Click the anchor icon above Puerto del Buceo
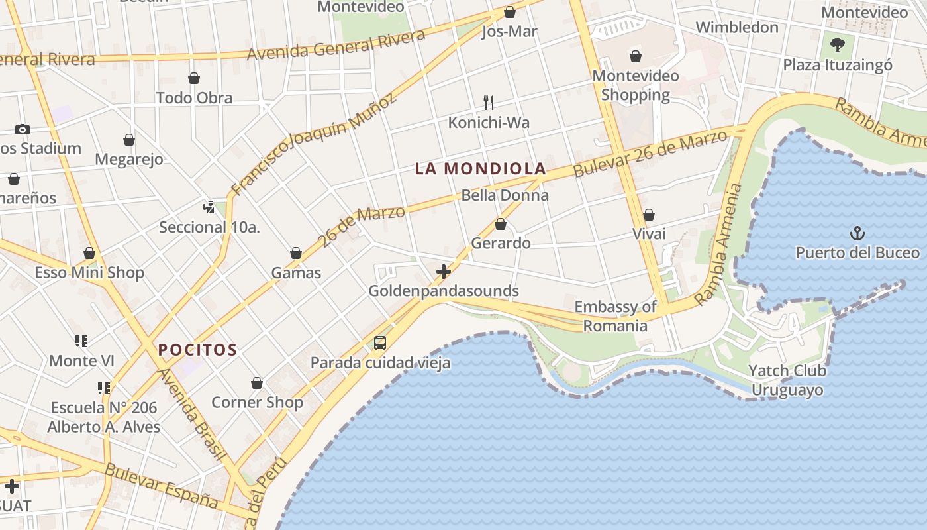857,233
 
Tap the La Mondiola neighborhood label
480,168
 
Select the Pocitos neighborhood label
197,349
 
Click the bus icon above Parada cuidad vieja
380,343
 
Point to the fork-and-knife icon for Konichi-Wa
489,102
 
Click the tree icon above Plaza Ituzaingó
838,45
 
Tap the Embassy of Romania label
615,316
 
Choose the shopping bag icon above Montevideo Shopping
636,56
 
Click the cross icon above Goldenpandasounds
444,272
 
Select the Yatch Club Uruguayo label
787,380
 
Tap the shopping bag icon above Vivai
649,215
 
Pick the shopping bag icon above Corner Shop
257,383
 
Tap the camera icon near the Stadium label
23,129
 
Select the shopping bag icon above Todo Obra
194,78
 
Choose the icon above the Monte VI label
81,341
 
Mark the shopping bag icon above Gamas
296,253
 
